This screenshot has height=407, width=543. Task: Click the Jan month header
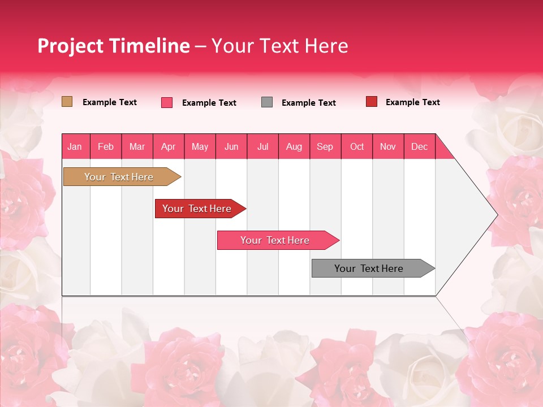tap(75, 146)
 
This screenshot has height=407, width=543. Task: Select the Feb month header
tap(106, 146)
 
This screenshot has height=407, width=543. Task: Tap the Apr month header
tap(168, 146)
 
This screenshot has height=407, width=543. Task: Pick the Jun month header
tap(231, 146)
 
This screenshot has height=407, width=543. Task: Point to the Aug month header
tap(294, 146)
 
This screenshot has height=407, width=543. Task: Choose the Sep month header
tap(325, 146)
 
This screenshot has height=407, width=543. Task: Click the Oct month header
tap(356, 146)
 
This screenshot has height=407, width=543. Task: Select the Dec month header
tap(419, 146)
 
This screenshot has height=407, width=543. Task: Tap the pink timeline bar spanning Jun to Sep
tap(275, 240)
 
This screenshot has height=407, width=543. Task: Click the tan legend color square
tap(67, 102)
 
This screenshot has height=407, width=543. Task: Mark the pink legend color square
tap(166, 102)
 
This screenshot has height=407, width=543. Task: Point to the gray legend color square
tap(266, 102)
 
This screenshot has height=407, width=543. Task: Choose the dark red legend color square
tap(371, 102)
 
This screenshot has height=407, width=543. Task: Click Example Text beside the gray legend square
tap(308, 103)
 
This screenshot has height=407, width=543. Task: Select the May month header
tap(200, 146)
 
